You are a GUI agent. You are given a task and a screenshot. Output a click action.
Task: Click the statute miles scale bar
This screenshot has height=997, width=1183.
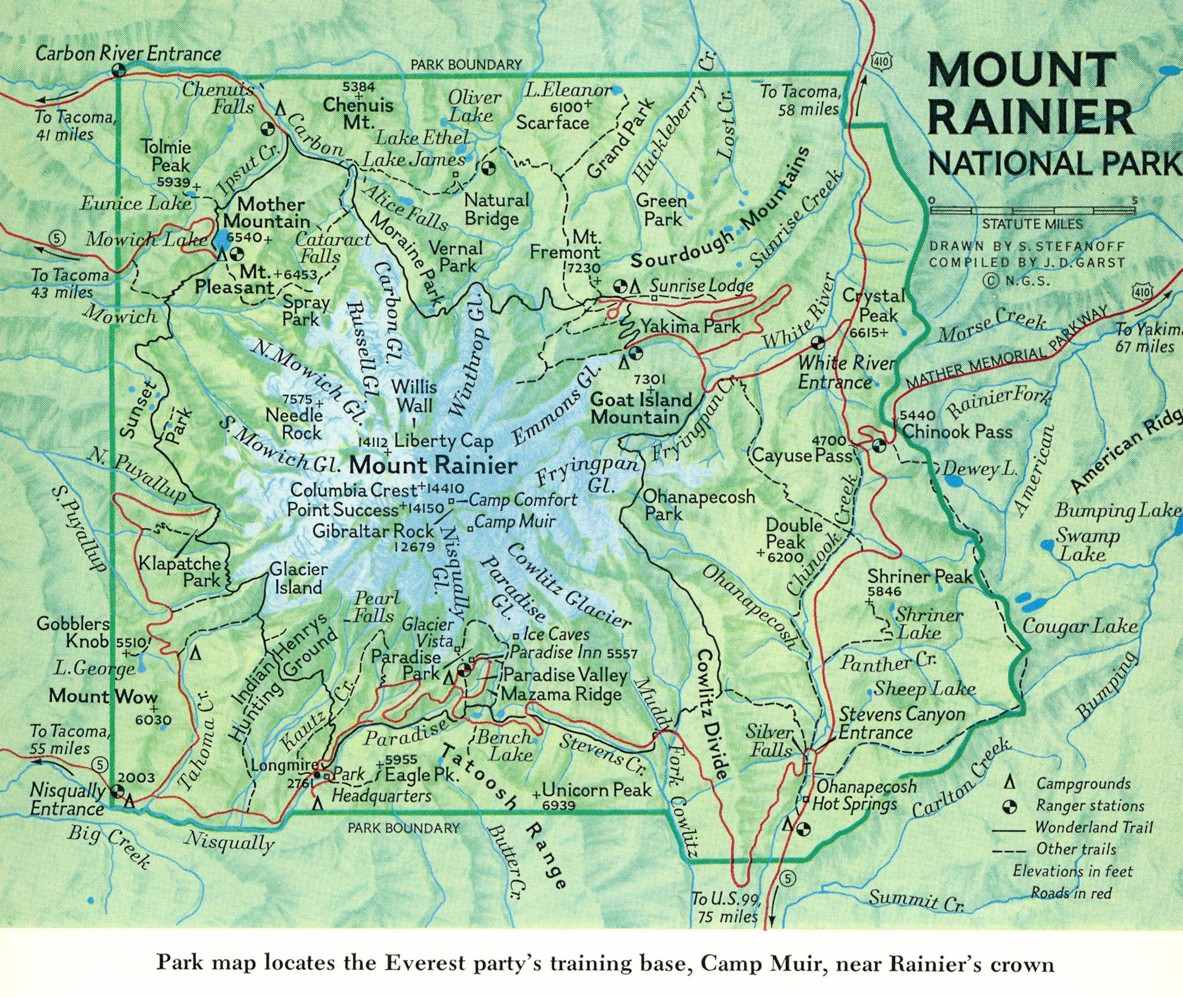(x=1032, y=211)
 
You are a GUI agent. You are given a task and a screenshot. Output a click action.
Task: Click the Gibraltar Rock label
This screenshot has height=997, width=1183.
(x=374, y=531)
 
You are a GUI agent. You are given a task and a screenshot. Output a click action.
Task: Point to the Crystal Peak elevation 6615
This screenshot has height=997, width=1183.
(x=870, y=333)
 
